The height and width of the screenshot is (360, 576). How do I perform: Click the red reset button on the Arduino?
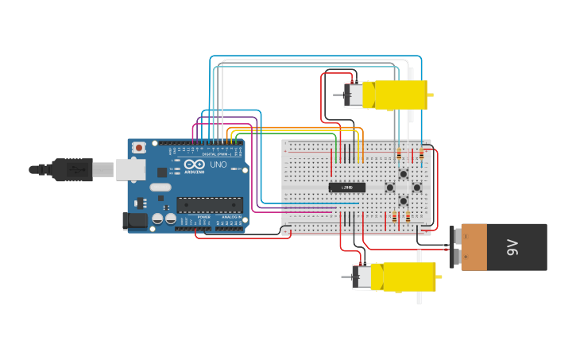(139, 147)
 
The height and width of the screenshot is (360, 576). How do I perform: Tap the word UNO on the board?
(218, 165)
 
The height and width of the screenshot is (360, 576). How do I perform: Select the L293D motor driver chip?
(347, 188)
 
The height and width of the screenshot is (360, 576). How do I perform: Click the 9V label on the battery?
(512, 247)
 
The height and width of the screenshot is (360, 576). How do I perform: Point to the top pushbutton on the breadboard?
(404, 174)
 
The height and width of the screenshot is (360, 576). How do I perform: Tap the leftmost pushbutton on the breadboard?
(390, 188)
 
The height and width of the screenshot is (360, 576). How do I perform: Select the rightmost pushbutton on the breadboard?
(417, 188)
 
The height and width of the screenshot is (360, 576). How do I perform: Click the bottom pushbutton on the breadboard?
(404, 201)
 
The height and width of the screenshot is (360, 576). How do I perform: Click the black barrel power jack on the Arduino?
(134, 221)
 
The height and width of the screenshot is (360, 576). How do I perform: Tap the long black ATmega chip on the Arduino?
(210, 204)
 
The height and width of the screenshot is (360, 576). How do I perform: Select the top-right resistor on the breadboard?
(421, 154)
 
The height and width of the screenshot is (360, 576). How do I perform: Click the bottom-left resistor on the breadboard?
(394, 217)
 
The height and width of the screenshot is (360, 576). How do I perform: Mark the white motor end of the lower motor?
(362, 277)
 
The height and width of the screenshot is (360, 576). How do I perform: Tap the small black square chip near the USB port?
(162, 172)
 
